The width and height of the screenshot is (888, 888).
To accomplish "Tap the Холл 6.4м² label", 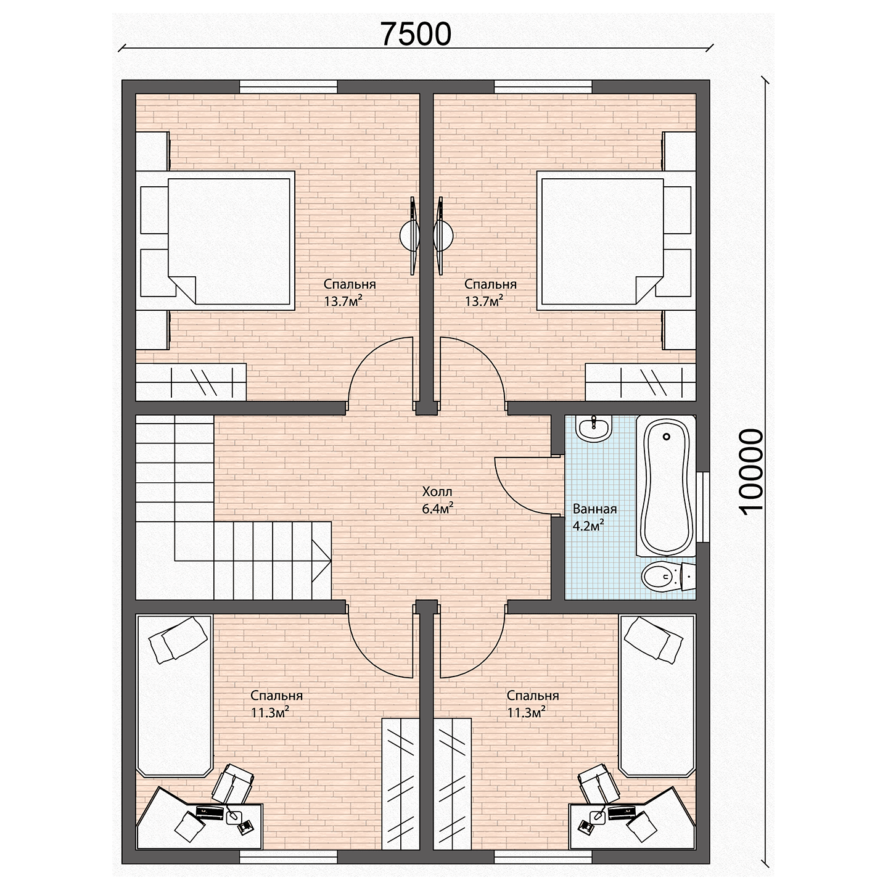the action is point(438,500).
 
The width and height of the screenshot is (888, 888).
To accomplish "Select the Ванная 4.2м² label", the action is point(594,517).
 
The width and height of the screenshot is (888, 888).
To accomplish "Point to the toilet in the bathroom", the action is point(668,575).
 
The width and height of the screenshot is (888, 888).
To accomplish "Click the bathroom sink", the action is point(593,428).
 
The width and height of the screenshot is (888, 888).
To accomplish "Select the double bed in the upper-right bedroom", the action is point(616,240).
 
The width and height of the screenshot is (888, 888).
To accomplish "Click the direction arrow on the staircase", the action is point(321,561).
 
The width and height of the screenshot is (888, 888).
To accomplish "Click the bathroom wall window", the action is point(703,507).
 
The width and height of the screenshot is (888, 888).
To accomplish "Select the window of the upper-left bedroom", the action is point(289,86).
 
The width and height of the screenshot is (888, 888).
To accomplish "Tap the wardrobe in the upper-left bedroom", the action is point(191,382).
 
